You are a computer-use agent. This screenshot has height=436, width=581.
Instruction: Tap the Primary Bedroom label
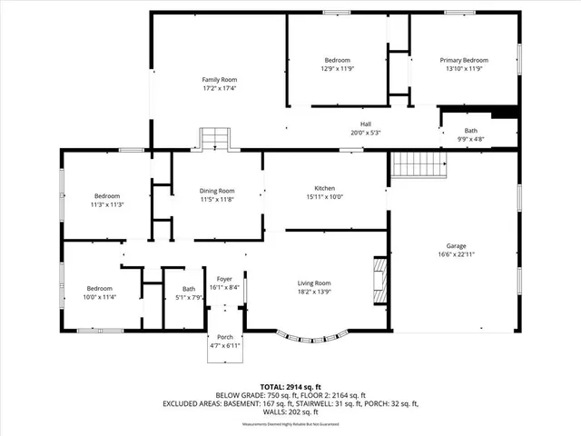(x=464, y=60)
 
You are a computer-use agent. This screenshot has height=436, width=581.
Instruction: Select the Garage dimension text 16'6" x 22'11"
(x=455, y=254)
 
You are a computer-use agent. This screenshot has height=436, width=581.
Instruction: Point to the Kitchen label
(x=326, y=188)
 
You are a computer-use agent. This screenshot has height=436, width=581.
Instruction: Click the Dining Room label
(x=217, y=191)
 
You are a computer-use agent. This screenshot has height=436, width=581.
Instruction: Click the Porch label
(x=224, y=338)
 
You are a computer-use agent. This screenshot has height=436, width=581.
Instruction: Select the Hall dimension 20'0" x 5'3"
(x=365, y=132)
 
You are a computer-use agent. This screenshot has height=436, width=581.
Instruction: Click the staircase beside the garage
(x=420, y=165)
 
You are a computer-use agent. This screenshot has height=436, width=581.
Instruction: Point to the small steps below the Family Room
(x=214, y=138)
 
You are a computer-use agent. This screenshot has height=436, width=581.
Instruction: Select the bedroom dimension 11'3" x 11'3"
(x=106, y=205)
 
